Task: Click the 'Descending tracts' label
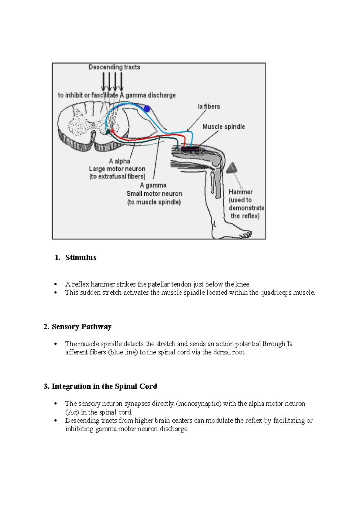coord(114,67)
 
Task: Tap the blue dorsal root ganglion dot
coord(147,109)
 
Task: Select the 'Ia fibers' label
coord(209,107)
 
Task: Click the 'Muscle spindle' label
coord(223,127)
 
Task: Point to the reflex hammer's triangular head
coord(232,169)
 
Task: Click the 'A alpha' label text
coord(119,161)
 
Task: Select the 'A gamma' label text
coord(153,185)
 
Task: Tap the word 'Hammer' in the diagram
coord(240,192)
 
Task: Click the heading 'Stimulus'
coord(81,258)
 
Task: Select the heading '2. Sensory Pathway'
coord(77,327)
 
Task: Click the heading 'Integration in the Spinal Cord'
coord(104,386)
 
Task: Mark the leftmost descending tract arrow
coord(103,81)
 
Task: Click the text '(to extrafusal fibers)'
coord(117,176)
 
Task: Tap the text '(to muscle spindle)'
coord(154,202)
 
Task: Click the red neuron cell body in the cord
coord(112,131)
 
